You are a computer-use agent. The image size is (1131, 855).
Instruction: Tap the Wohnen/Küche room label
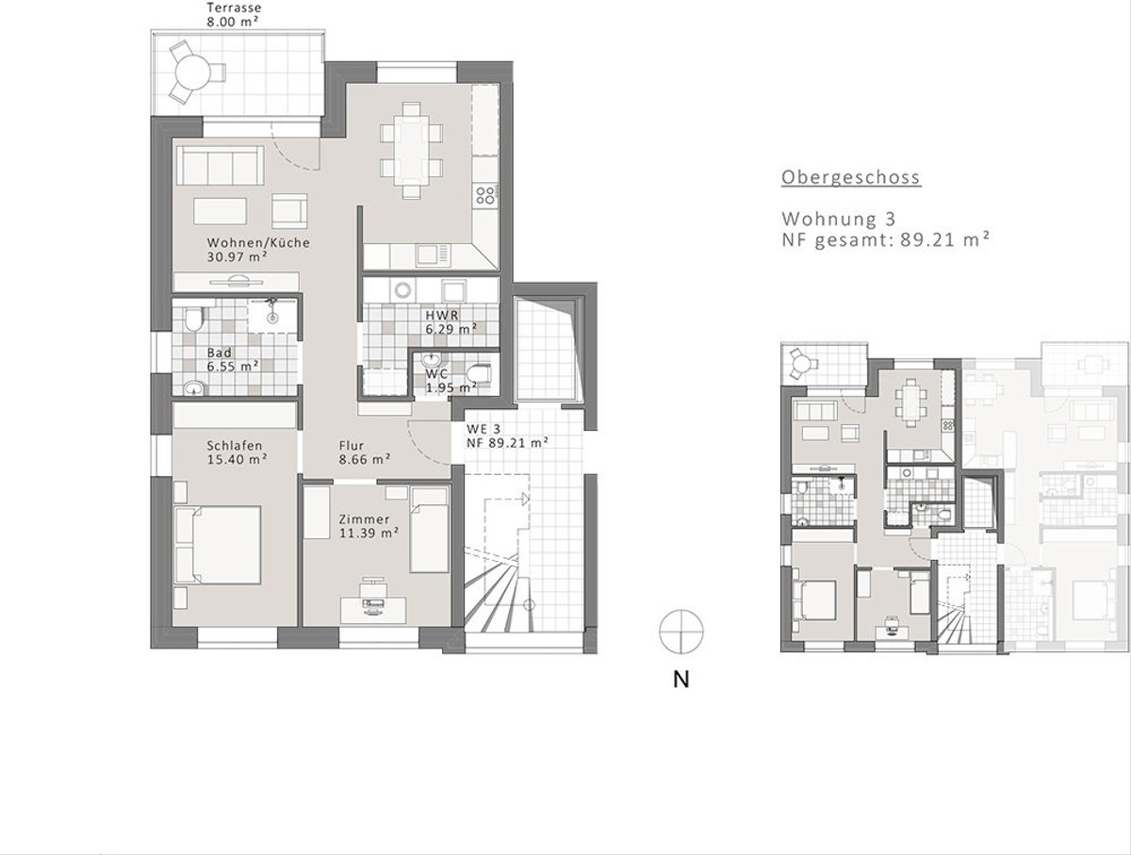coord(258,249)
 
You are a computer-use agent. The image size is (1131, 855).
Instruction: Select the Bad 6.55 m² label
coord(233,359)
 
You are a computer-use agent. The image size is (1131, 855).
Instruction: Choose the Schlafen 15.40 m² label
coord(236,452)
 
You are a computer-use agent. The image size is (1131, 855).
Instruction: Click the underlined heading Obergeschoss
coord(850,177)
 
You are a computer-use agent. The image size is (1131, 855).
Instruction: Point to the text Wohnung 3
coord(837,219)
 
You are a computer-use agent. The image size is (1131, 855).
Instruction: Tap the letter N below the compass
coord(680,680)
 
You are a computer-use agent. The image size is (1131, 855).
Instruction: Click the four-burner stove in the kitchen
coord(485,195)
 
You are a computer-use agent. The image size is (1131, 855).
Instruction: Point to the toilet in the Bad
coord(193,321)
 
